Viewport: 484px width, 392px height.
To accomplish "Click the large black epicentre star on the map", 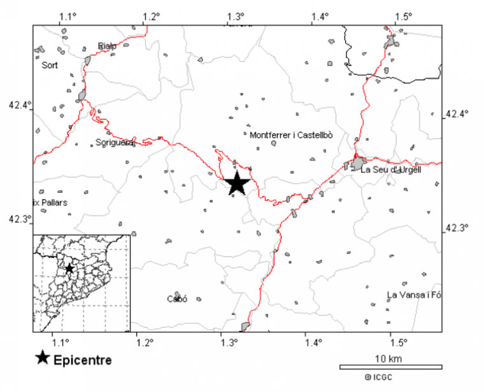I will point(237,183).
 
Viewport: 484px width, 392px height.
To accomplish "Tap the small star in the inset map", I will point(69,269).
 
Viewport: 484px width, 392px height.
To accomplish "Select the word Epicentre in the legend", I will point(83,360).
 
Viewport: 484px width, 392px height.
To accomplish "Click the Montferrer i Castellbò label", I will point(292,135).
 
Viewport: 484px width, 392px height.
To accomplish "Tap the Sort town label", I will point(50,65).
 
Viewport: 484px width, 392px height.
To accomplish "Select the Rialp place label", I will point(107,45).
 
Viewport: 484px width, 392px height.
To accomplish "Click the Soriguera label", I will point(115,143).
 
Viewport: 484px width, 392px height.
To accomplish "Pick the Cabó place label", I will point(176,299).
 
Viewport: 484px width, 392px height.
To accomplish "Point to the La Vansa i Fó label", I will point(414,294).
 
